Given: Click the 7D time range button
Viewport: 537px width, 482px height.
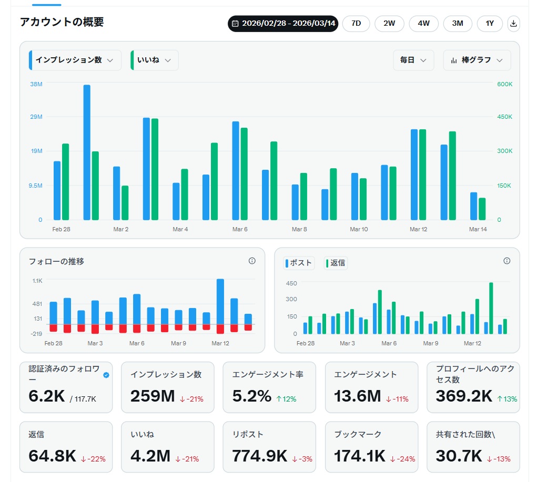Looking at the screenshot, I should coord(356,24).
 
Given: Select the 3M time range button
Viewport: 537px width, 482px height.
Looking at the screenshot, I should coord(457,24).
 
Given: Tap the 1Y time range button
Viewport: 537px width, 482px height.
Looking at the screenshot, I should coord(490,24).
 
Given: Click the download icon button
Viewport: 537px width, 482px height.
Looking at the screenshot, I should coord(514,24).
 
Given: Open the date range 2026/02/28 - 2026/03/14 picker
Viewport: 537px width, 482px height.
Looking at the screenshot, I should coord(283,24).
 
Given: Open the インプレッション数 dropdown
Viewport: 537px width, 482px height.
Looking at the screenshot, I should coord(75,60).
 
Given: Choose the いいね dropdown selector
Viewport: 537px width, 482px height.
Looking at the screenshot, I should coord(154,60).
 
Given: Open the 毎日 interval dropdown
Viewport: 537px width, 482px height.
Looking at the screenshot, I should coord(413,60).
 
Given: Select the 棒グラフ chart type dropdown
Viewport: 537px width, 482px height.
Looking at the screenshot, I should coord(477,60).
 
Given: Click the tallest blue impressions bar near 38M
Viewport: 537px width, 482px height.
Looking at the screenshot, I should coord(87,152).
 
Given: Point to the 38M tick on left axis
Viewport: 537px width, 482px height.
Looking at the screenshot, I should coord(36,84).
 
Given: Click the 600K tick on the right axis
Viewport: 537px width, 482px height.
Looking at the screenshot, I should coord(505,84).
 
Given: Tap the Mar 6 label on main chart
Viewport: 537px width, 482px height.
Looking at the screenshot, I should coord(240,229).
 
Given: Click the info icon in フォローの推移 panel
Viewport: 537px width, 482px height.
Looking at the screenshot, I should coord(252,261).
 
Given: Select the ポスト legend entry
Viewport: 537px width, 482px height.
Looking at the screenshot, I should coord(299,263).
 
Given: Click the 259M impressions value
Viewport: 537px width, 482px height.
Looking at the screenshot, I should coord(153,396).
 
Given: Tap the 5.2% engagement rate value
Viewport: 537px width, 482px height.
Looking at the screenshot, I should coord(252,396).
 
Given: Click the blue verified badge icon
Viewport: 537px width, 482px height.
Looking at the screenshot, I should coord(107,375).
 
